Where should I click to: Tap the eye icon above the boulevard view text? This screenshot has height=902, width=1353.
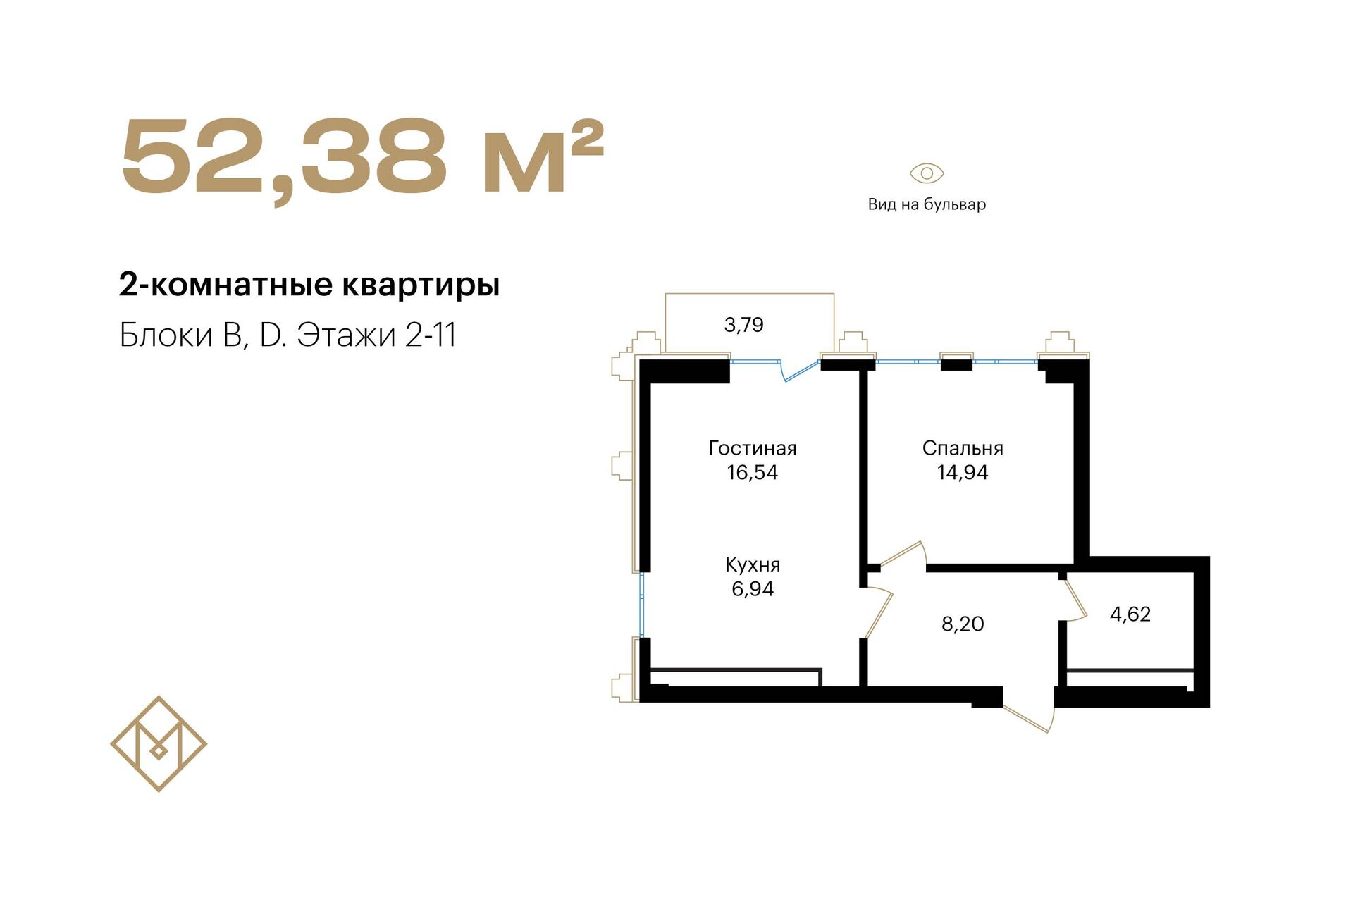(x=927, y=173)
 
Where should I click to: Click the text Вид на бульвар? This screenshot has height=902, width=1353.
(x=927, y=204)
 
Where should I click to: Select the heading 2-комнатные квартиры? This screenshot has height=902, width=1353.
(x=309, y=285)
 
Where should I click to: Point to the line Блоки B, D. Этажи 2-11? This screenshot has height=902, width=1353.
(x=288, y=335)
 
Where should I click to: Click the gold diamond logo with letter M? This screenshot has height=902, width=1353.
(x=159, y=744)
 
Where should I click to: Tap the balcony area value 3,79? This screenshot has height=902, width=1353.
(x=743, y=325)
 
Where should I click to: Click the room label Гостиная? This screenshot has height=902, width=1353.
(x=753, y=448)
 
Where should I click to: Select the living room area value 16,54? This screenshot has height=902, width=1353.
(x=753, y=472)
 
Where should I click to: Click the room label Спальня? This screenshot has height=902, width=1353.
(x=963, y=448)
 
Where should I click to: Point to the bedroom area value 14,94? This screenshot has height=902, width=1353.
(x=963, y=472)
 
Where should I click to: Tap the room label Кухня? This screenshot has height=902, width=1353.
(x=753, y=564)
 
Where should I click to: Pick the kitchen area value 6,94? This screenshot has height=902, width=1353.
(x=753, y=588)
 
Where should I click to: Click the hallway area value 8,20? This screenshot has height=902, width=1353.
(x=963, y=624)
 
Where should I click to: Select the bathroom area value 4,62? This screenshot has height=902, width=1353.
(x=1130, y=614)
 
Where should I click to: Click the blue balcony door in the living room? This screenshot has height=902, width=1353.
(x=801, y=371)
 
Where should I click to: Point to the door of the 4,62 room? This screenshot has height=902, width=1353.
(x=1075, y=600)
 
